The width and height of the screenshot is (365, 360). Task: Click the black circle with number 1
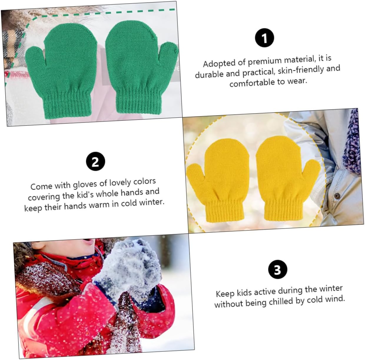pos(264,38)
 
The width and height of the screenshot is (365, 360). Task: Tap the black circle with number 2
pos(95,161)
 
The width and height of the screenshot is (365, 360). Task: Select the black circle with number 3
pos(278,269)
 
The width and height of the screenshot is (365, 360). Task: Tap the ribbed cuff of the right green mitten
pos(139,100)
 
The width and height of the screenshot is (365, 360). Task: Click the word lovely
pos(120,183)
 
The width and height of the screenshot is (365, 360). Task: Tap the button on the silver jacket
pos(337,196)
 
